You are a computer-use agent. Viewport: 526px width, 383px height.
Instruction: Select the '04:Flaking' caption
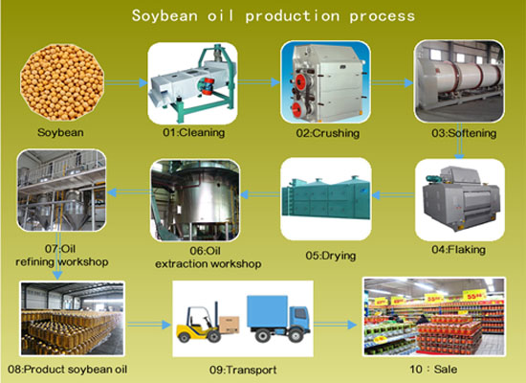pos(458,250)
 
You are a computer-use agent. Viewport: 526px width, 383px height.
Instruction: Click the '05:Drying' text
pos(326,257)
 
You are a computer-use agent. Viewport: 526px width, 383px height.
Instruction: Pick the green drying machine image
pos(325,201)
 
